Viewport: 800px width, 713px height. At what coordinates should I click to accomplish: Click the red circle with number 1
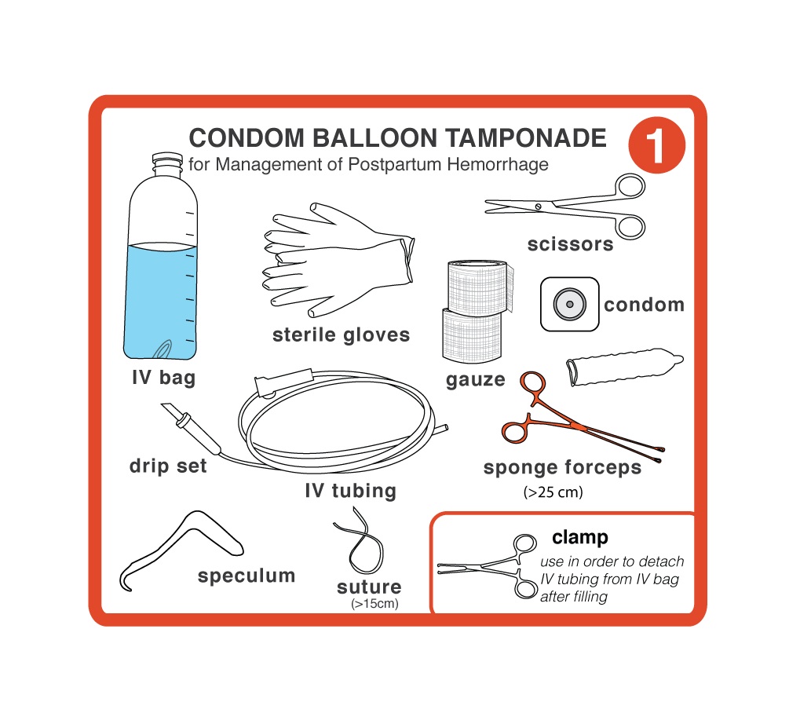click(656, 145)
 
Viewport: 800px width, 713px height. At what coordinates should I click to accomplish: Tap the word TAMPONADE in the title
click(526, 137)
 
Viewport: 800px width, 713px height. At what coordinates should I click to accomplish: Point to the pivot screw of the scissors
click(539, 207)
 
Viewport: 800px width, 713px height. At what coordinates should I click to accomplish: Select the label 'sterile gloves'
click(341, 335)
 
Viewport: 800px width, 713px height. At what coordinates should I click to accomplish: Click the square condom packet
click(569, 304)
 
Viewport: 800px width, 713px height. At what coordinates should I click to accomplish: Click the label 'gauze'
click(475, 380)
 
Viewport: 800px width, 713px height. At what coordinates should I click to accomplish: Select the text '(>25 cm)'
click(553, 492)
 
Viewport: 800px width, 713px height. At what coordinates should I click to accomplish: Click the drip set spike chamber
click(192, 428)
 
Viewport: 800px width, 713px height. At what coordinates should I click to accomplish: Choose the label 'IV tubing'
click(350, 491)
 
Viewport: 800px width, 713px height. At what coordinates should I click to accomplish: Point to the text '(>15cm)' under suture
click(374, 604)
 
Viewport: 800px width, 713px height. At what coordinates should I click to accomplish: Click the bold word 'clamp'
click(580, 537)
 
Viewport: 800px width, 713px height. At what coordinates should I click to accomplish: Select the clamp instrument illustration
click(488, 566)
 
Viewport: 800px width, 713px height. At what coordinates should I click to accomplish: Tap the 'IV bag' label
click(164, 378)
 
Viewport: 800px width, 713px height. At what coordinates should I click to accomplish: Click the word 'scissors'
click(571, 244)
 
